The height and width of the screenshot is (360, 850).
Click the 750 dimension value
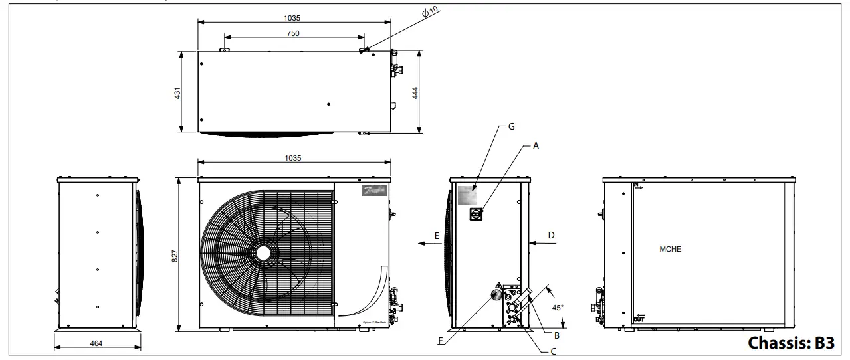click(293, 33)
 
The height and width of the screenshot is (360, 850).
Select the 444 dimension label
click(415, 92)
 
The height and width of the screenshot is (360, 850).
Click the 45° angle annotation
click(558, 308)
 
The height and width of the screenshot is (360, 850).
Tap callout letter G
click(510, 126)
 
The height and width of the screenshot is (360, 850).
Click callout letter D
click(551, 235)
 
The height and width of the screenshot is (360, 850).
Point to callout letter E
click(436, 236)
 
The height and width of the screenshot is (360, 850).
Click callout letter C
click(553, 351)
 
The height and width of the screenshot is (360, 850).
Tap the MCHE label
click(671, 250)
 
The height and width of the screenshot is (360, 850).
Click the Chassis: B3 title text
click(790, 343)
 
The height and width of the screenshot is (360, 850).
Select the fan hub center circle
click(263, 253)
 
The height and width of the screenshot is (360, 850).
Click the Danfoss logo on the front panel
click(374, 191)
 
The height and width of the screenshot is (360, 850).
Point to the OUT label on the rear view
click(639, 319)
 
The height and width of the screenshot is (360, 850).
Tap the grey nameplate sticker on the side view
click(468, 195)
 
